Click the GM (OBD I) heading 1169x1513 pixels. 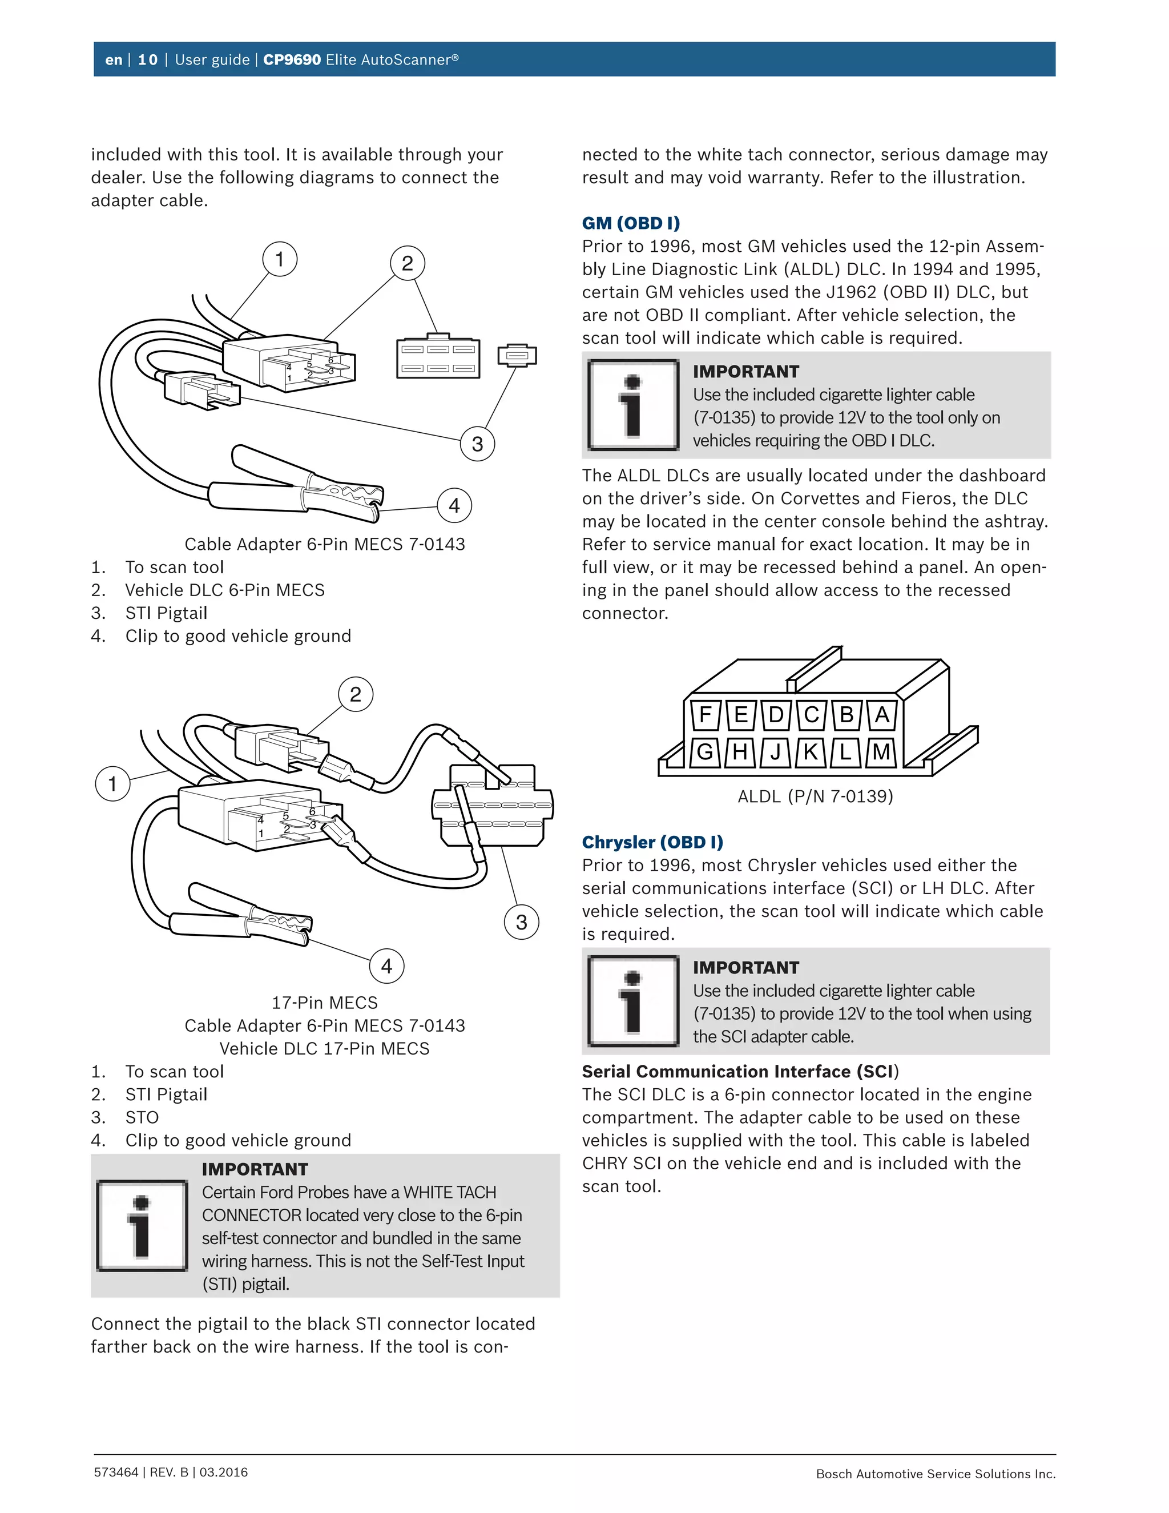pos(630,223)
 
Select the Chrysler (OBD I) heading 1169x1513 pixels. pos(652,842)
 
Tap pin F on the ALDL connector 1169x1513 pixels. pos(706,714)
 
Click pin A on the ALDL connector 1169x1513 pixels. pos(881,714)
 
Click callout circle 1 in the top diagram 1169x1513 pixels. pos(280,259)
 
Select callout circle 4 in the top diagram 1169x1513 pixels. pos(454,506)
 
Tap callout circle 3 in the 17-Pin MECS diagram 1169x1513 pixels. pos(522,922)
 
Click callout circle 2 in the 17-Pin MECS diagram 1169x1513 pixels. pos(355,694)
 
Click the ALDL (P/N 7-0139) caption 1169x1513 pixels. pos(815,796)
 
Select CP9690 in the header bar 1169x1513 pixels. pos(292,59)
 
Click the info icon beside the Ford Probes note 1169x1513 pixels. pos(142,1225)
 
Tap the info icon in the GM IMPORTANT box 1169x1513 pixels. pos(633,405)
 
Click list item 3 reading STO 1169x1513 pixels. pos(142,1117)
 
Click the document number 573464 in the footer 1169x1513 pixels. pos(116,1472)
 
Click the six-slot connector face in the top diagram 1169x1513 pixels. pos(438,358)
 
